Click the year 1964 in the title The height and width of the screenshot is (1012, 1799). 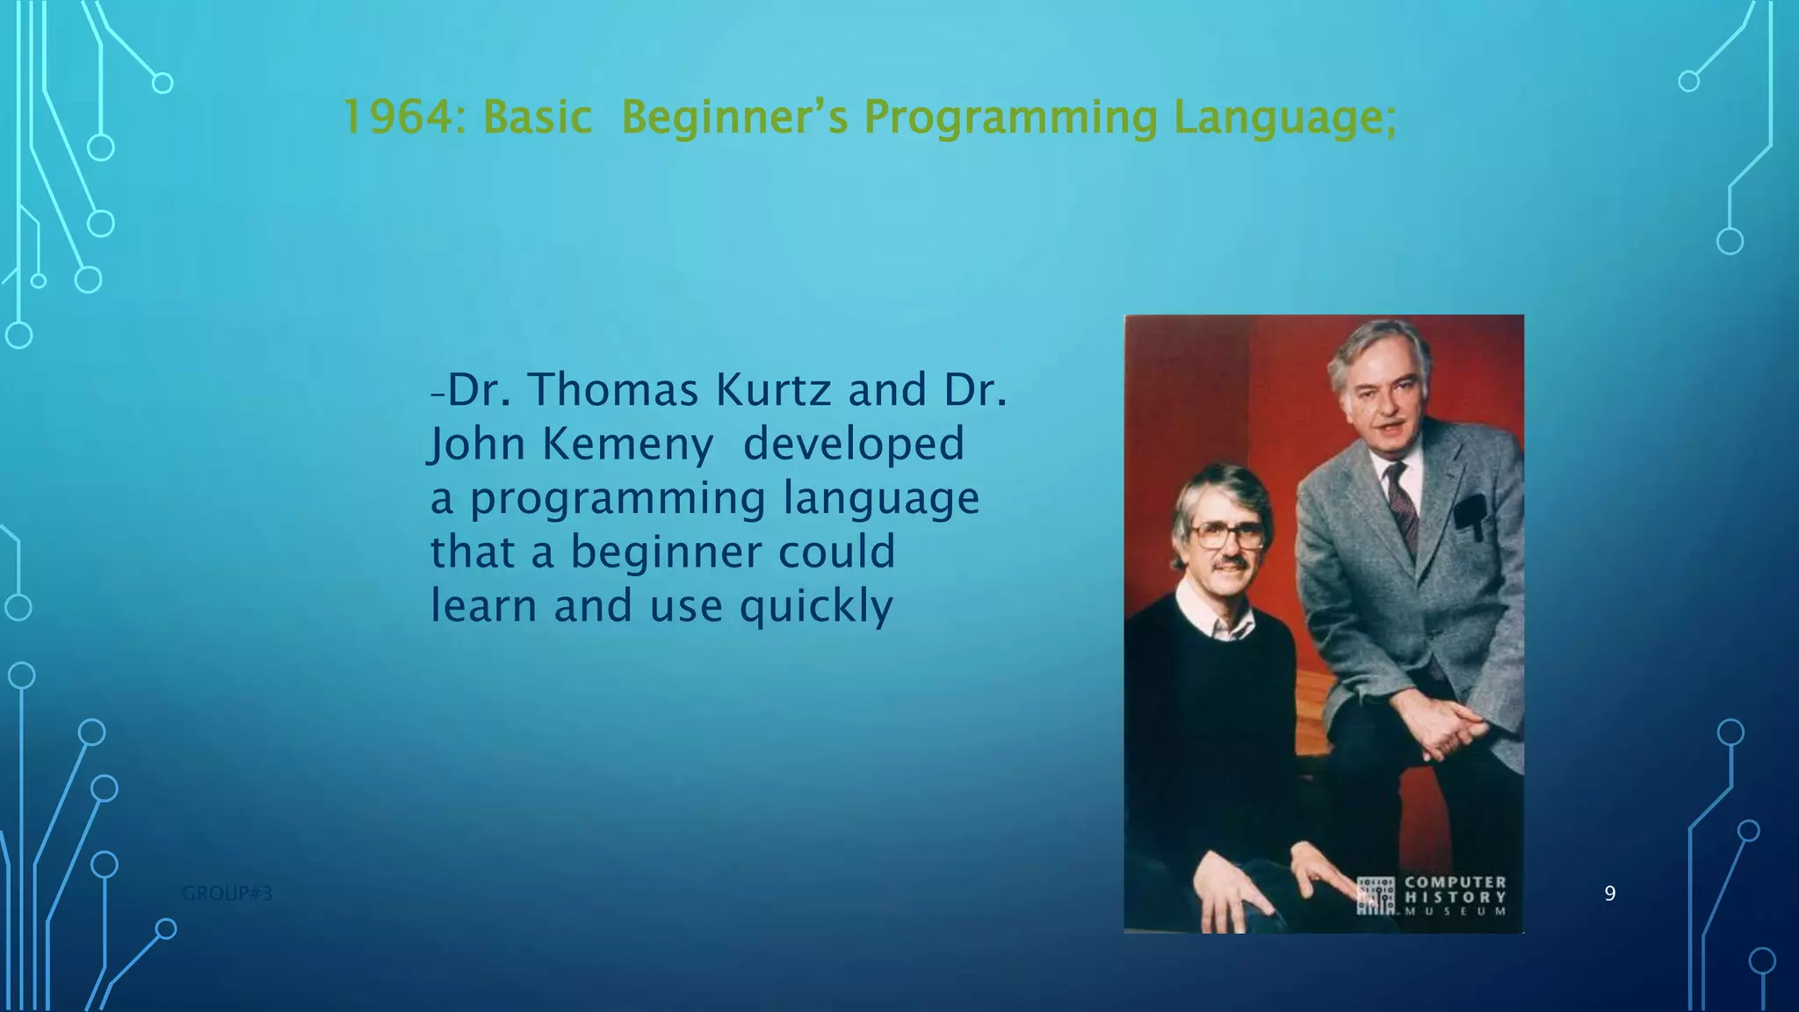coord(395,118)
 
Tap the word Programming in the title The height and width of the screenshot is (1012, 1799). coord(1010,118)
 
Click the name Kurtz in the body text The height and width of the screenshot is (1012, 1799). coord(773,389)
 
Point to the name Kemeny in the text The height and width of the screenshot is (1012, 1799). coord(627,444)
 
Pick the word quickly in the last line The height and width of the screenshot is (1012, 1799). coord(816,606)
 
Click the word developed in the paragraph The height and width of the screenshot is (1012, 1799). coord(853,444)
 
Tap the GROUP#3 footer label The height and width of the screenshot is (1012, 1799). coord(227,893)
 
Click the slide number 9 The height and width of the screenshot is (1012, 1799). coord(1609,893)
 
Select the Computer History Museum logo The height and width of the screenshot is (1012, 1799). coord(1432,896)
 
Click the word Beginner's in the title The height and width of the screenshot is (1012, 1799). coord(734,118)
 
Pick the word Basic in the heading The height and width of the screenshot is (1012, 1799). coord(537,118)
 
